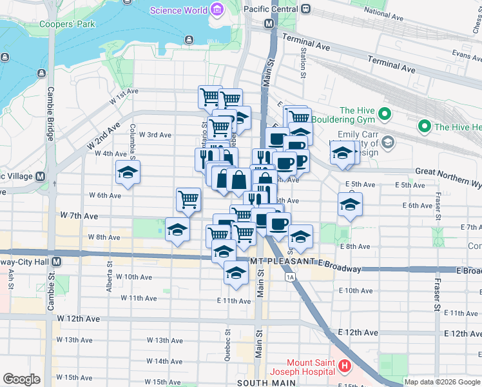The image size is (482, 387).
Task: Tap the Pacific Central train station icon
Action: click(x=306, y=10)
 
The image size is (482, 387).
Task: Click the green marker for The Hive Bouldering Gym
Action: click(x=385, y=115)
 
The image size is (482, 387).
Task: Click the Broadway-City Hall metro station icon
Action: click(x=57, y=261)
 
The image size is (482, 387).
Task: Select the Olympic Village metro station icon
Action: click(x=40, y=176)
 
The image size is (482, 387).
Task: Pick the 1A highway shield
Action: click(x=290, y=277)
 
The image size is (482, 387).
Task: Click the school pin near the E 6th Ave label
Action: click(x=350, y=204)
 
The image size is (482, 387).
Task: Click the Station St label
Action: click(x=303, y=62)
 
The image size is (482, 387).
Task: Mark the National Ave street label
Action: click(x=383, y=12)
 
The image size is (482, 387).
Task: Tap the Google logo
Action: click(x=21, y=379)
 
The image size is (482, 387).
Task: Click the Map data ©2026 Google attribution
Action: click(x=442, y=382)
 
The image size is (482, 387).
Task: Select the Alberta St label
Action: click(x=110, y=282)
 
